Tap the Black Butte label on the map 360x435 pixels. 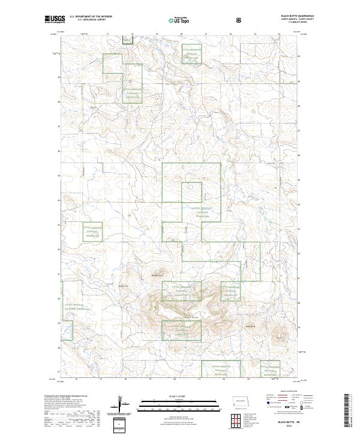point(190,317)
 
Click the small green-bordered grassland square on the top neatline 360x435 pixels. point(127,40)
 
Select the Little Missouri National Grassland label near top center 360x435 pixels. point(190,53)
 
